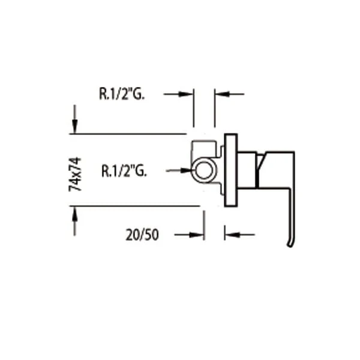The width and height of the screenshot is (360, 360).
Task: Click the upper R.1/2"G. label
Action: tap(122, 94)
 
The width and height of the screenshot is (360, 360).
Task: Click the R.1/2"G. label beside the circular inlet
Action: tap(124, 170)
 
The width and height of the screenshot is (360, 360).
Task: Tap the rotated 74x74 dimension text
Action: tap(75, 174)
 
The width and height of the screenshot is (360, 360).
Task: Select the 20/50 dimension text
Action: tap(142, 235)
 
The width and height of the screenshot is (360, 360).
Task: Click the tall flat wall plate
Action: tap(231, 170)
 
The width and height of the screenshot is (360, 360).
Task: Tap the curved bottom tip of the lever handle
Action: tap(290, 245)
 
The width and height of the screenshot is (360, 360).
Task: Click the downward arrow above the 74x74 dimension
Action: tap(74, 119)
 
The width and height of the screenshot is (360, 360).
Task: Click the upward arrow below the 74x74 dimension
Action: tap(74, 221)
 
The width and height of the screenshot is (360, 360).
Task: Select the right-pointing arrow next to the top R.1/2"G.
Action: tap(178, 94)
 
